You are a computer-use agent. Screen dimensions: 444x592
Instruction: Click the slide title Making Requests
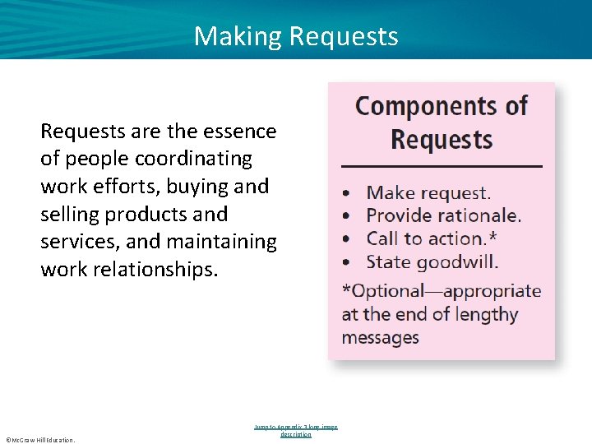coord(296,36)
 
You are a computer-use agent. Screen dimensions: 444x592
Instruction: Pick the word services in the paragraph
coord(76,242)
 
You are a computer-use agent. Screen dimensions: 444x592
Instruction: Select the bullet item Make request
coord(428,193)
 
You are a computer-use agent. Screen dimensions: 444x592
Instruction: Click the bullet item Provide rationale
coord(443,216)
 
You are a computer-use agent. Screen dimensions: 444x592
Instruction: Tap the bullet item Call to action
coord(426,239)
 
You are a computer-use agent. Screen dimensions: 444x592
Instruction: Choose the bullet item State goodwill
coord(432,262)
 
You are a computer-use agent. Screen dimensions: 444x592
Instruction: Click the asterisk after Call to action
coord(493,238)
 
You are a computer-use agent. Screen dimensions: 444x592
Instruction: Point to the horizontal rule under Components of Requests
coord(442,167)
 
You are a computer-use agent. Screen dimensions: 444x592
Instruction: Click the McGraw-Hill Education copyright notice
coord(39,440)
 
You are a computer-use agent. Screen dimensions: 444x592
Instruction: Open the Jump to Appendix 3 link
coord(296,430)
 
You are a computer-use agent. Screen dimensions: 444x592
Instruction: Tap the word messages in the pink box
coord(380,337)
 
